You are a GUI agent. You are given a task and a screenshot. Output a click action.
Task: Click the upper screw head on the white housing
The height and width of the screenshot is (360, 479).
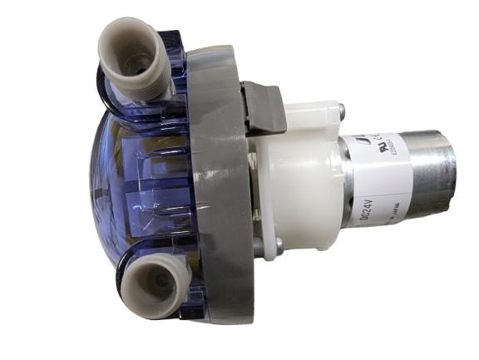click(x=342, y=106)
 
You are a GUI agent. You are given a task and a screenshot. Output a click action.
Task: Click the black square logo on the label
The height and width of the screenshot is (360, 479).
click(x=363, y=143)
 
